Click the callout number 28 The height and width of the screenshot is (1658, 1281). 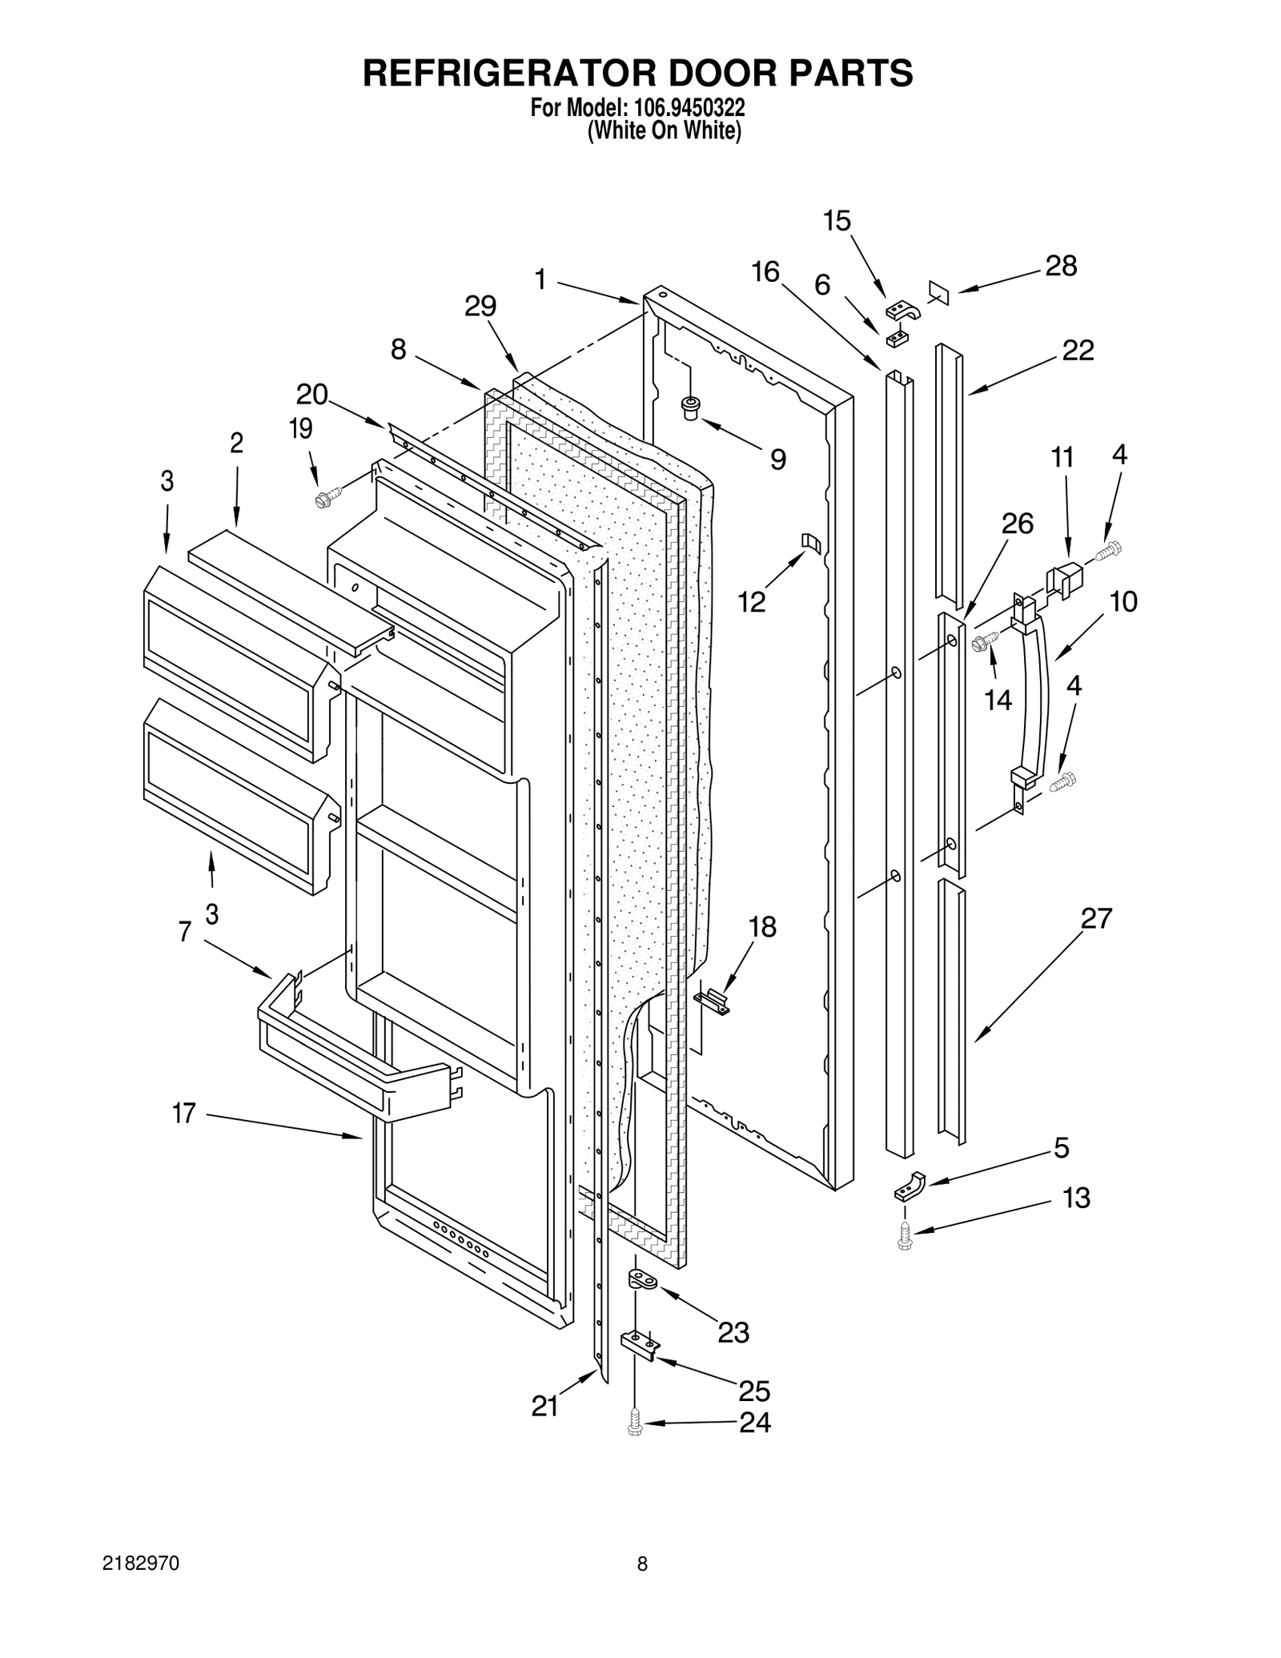point(1060,266)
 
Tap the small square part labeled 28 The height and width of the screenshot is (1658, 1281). point(938,292)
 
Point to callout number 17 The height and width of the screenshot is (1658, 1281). point(184,1113)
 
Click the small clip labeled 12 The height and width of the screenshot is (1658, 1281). point(811,543)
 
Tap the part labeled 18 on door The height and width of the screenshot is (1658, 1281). point(713,1000)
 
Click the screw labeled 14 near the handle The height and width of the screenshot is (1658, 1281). point(984,640)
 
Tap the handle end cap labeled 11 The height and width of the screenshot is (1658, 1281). point(1065,577)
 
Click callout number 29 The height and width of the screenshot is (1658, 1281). point(480,306)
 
